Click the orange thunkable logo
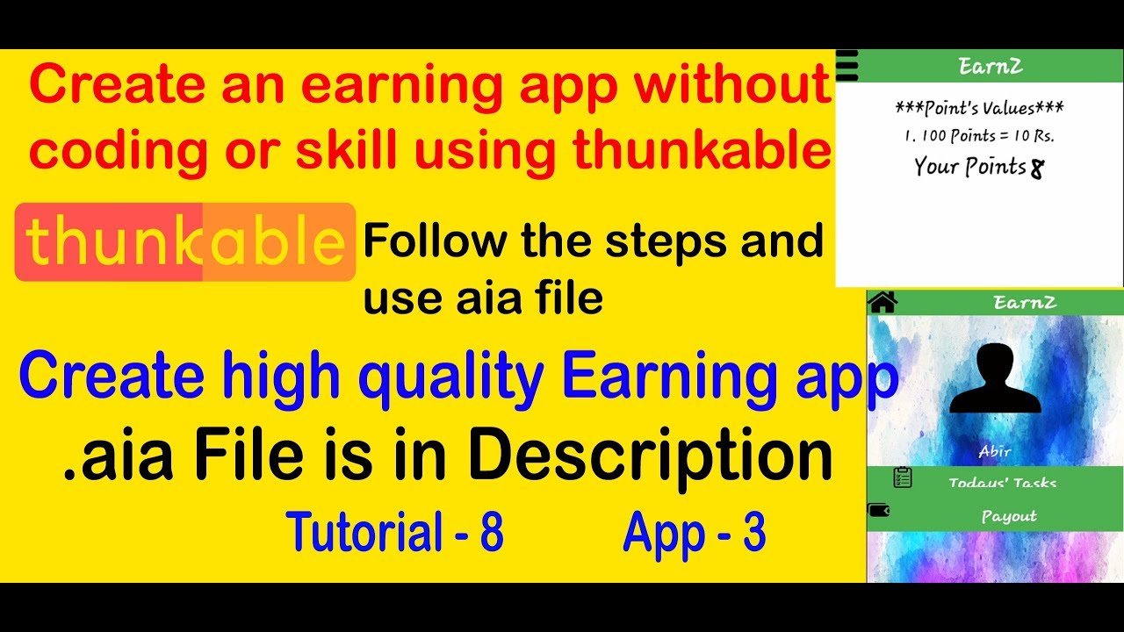pyautogui.click(x=185, y=242)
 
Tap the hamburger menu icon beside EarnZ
pyautogui.click(x=847, y=66)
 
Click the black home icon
pyautogui.click(x=882, y=302)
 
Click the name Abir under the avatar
pyautogui.click(x=995, y=452)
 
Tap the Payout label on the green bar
pyautogui.click(x=1009, y=516)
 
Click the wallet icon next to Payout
pyautogui.click(x=878, y=509)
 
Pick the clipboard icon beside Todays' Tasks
pyautogui.click(x=902, y=478)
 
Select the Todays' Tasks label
pyautogui.click(x=1002, y=483)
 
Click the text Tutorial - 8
pyautogui.click(x=394, y=532)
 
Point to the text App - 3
pyautogui.click(x=694, y=532)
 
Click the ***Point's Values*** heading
pyautogui.click(x=979, y=109)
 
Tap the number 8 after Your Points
pyautogui.click(x=1037, y=169)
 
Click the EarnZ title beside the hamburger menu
pyautogui.click(x=990, y=66)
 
